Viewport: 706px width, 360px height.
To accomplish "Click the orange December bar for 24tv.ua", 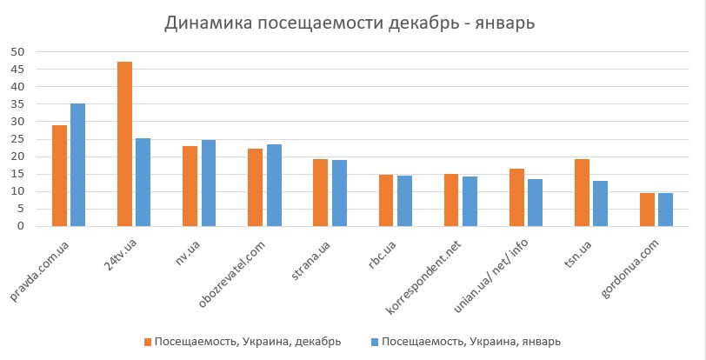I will (x=124, y=144).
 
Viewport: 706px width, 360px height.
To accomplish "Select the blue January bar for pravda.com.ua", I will (x=78, y=165).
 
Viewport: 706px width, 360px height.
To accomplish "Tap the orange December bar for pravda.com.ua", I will (x=59, y=176).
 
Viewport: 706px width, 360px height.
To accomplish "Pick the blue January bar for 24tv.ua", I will (x=143, y=183).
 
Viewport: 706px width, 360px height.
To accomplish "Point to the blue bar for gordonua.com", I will (x=666, y=210).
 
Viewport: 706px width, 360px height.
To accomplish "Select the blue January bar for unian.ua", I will (x=536, y=203).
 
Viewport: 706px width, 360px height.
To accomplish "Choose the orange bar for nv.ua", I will (x=190, y=186).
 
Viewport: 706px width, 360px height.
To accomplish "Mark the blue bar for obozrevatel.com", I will (x=274, y=185).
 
